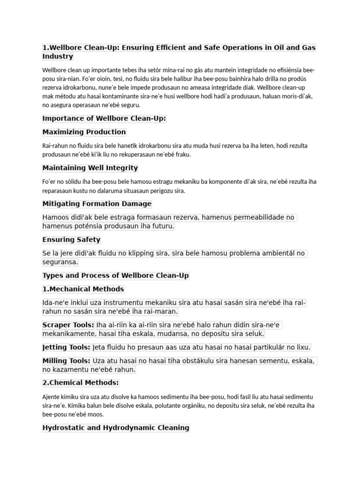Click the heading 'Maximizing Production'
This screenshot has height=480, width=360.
pos(84,132)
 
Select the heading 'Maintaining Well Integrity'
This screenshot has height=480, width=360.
pos(90,168)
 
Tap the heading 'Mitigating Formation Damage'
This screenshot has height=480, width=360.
pos(97,204)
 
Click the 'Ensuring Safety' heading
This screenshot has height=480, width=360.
pos(71,240)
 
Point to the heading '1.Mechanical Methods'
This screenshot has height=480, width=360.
pos(83,289)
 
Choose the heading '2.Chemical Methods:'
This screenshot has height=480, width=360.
pos(81,383)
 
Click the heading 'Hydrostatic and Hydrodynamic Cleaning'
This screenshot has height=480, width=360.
pos(116,427)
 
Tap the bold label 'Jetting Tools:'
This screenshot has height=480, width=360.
pos(67,347)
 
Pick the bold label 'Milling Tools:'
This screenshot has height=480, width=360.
pos(67,361)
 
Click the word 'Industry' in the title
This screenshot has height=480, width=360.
pos(58,57)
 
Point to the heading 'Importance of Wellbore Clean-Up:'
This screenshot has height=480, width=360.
pos(104,119)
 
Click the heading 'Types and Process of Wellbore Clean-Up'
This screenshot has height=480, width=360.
pos(116,276)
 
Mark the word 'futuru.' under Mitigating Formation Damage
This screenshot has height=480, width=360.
pos(161,226)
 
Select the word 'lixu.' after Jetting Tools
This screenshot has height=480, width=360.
pos(302,347)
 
